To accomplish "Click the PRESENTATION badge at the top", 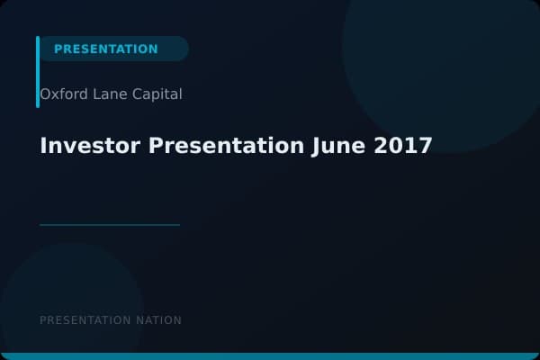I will (x=106, y=49).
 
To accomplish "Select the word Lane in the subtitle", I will (x=103, y=94).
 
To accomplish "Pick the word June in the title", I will (x=338, y=146).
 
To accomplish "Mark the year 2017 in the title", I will (x=403, y=146).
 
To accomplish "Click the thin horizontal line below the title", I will (x=110, y=225).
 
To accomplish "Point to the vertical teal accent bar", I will (x=38, y=72).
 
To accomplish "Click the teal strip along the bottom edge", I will (x=270, y=356).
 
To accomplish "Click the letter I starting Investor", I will (x=43, y=146).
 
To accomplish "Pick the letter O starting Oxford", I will (x=45, y=94).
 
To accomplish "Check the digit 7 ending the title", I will (x=426, y=146).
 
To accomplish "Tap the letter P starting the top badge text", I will (x=58, y=49).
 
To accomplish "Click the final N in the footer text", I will (x=177, y=320).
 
